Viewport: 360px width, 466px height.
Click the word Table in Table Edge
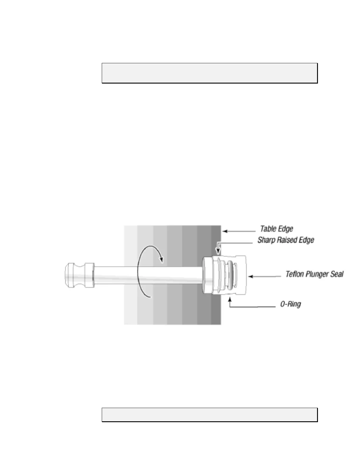coord(268,229)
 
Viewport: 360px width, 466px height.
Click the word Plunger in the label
coord(317,274)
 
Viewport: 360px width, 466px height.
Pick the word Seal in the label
coord(337,274)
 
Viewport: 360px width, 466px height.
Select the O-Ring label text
coord(291,304)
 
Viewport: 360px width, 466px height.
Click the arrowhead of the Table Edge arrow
coord(224,231)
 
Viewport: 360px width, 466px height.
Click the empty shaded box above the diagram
coord(209,73)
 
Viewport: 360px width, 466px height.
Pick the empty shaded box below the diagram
coord(209,415)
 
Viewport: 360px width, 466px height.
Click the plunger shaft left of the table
coord(109,275)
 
